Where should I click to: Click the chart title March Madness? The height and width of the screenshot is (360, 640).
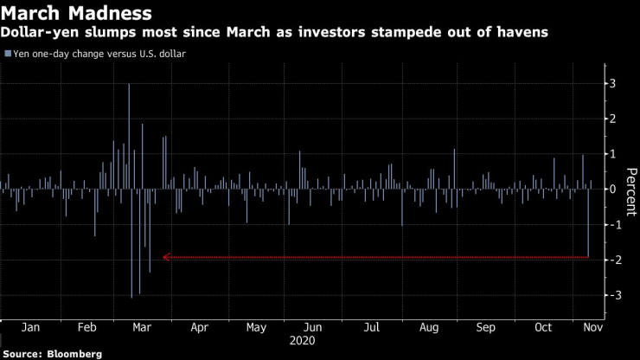tap(77, 14)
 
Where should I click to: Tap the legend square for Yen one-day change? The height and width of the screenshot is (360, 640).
tap(8, 54)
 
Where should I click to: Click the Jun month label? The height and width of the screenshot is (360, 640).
tap(314, 329)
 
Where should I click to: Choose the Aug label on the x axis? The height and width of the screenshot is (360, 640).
tap(429, 329)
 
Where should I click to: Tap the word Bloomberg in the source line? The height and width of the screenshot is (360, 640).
tap(74, 354)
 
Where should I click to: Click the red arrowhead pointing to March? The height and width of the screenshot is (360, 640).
tap(165, 257)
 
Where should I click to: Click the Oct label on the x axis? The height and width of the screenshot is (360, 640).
tap(544, 329)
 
